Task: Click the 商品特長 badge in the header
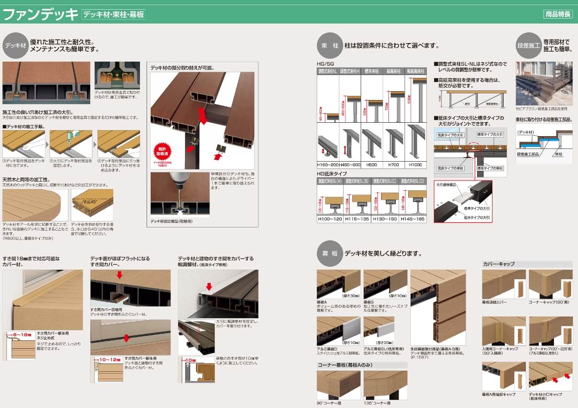tap(558, 14)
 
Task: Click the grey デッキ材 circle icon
tap(16, 45)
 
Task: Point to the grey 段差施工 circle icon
tap(528, 45)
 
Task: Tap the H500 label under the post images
tap(372, 165)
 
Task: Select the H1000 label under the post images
tap(415, 165)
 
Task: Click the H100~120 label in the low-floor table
tap(330, 219)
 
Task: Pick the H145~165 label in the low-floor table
tap(412, 219)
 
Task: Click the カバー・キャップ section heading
tap(499, 264)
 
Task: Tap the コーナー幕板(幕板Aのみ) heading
tap(345, 365)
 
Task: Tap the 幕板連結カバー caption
tap(495, 302)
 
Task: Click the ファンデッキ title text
tap(41, 14)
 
